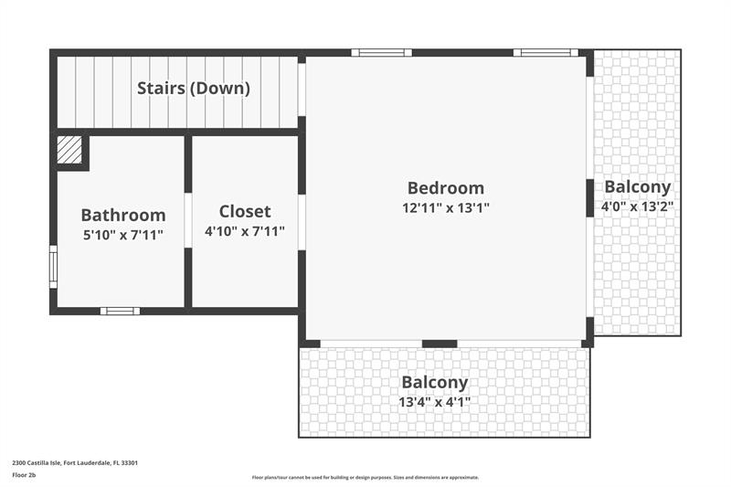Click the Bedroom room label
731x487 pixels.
[446, 188]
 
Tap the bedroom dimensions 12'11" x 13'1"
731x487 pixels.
[446, 207]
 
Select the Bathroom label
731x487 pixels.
[123, 216]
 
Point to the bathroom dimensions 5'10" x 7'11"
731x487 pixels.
[123, 235]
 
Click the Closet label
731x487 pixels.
[245, 212]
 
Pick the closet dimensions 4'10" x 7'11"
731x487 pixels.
[245, 231]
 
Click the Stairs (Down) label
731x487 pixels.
[194, 88]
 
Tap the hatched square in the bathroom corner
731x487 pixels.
[69, 150]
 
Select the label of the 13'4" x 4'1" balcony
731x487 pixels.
[435, 382]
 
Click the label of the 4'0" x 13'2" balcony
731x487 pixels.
[637, 187]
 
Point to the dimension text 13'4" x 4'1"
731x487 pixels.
[435, 402]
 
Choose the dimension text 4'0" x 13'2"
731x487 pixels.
[637, 206]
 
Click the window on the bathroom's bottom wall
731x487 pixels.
[121, 311]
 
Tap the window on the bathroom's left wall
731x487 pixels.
[54, 267]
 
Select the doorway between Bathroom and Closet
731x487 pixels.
[188, 220]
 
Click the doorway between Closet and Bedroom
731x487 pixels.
[302, 222]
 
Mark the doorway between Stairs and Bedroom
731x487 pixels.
[302, 90]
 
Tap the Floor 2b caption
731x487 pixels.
[24, 475]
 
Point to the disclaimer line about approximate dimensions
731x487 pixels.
[365, 477]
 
